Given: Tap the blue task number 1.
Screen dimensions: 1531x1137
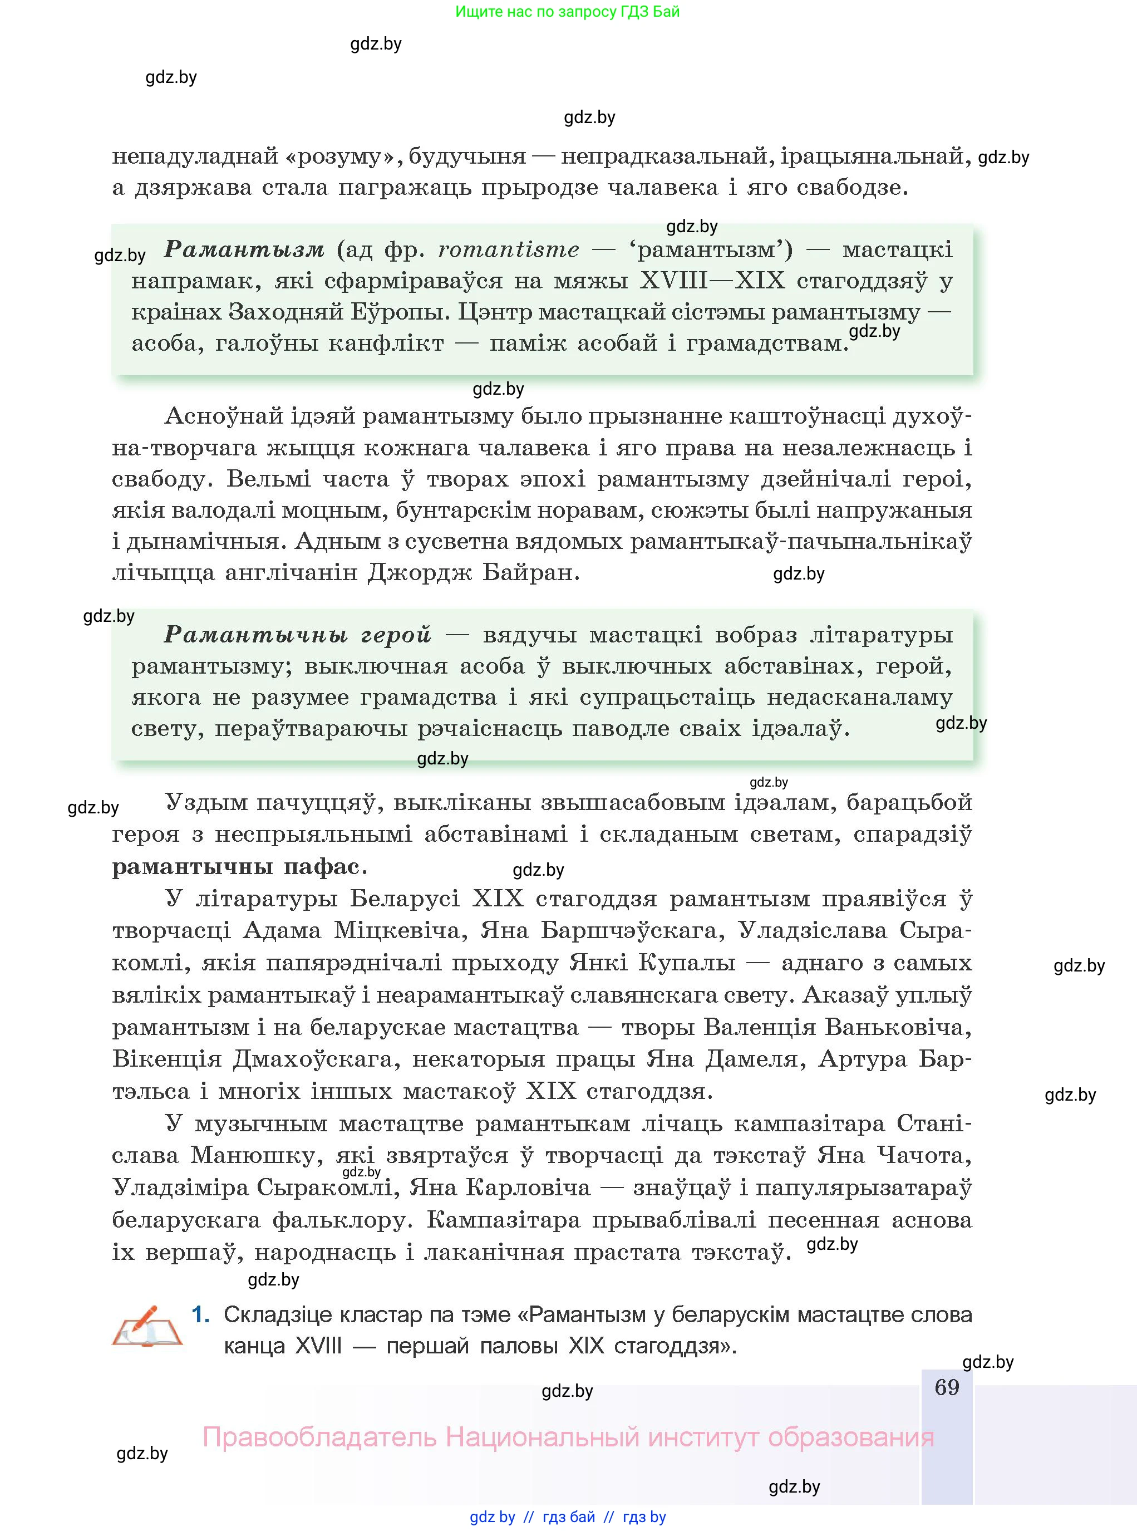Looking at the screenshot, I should (x=200, y=1315).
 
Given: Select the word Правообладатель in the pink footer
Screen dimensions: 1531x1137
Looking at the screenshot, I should (x=319, y=1437).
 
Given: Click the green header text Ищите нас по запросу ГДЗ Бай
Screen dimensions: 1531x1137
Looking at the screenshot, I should (x=567, y=12).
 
